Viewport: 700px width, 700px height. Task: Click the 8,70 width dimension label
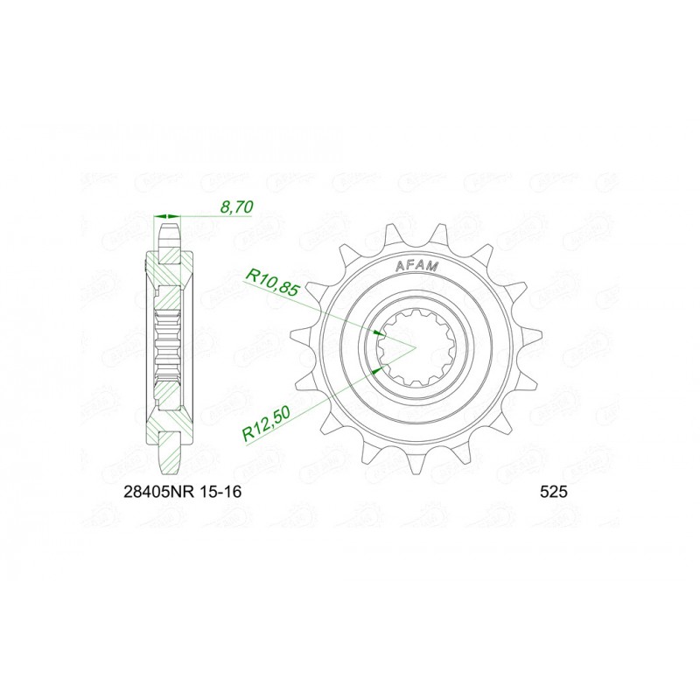pyautogui.click(x=238, y=207)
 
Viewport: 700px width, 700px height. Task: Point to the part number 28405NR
pyautogui.click(x=155, y=493)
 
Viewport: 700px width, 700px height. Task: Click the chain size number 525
pyautogui.click(x=555, y=493)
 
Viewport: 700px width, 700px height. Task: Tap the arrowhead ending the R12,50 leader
pyautogui.click(x=377, y=371)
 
